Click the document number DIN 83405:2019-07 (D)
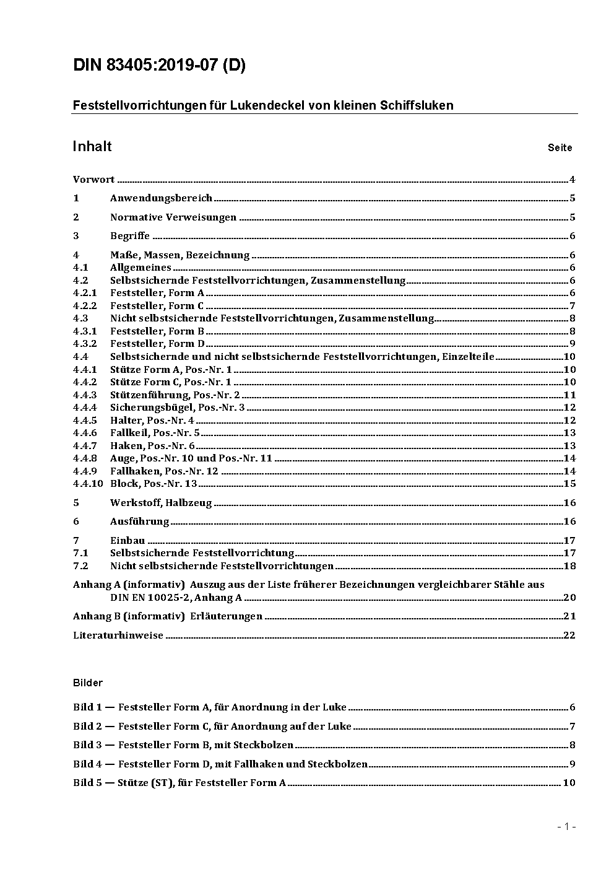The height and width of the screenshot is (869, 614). coord(159,66)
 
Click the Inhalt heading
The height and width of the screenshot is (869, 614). coord(92,146)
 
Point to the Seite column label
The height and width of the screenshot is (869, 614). coord(560,148)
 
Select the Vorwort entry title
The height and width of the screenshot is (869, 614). coord(93,180)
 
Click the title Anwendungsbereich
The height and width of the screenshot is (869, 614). coord(161,198)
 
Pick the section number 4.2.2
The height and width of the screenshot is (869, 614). coord(85,305)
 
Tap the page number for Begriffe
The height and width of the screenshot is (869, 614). coord(573,236)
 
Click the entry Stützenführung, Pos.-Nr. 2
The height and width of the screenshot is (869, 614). coord(175,395)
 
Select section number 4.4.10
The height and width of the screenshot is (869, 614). coord(87,483)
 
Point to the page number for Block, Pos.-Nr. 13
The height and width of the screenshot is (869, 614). coord(569,483)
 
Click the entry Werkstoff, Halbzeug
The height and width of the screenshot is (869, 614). coord(161,503)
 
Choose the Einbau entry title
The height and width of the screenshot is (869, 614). coord(128,541)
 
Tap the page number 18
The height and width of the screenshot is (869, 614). coord(569,566)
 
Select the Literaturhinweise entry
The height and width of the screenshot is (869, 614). coord(118,635)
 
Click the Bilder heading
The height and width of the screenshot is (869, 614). coord(87,683)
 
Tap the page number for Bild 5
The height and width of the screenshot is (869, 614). coord(569,783)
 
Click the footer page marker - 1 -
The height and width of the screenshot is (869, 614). coord(566,827)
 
